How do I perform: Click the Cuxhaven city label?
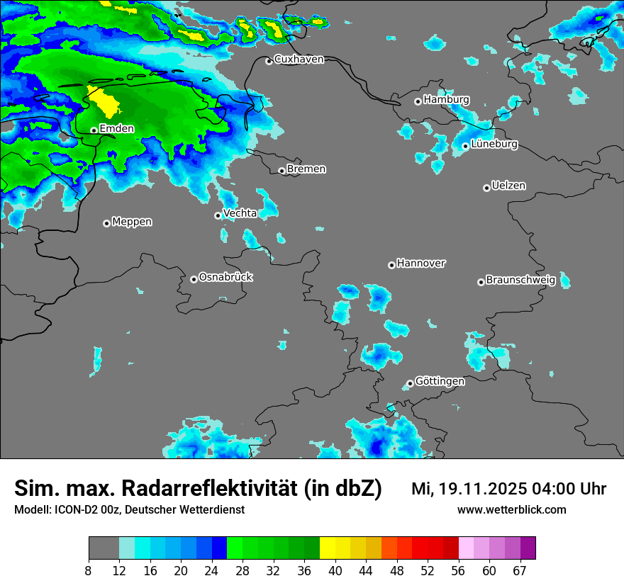pos(299,60)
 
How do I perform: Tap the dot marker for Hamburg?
pos(418,101)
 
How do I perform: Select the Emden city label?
pos(116,129)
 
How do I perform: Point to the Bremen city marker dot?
pos(282,171)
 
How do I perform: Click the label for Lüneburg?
pos(494,145)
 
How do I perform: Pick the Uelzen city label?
pos(508,186)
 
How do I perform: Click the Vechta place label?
pos(240,214)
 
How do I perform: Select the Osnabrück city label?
pos(225,278)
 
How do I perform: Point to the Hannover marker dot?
pos(391,265)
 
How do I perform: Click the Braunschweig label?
pos(520,281)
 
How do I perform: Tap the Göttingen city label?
pos(440,382)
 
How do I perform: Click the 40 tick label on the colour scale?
pos(335,571)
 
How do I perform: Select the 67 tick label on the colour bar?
pos(520,571)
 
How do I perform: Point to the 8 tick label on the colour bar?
pos(89,571)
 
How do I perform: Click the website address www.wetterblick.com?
pos(512,510)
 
